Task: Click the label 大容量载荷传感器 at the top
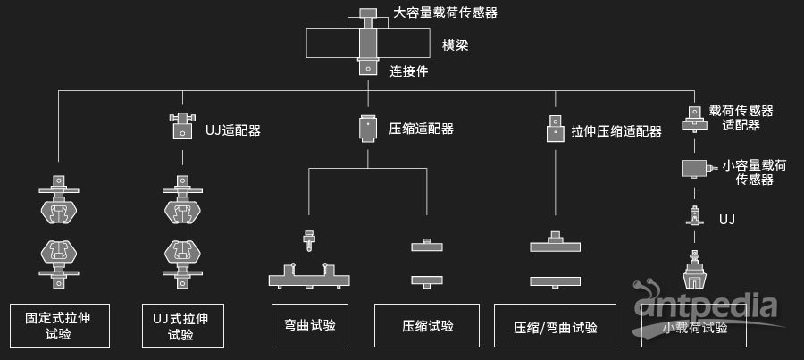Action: click(x=446, y=13)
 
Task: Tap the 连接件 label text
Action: click(x=409, y=71)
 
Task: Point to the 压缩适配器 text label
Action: click(x=422, y=129)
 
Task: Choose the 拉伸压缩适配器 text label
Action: click(x=616, y=131)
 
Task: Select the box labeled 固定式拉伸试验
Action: click(x=60, y=325)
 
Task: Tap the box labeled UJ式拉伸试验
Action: click(x=183, y=325)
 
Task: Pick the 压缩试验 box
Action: click(x=428, y=325)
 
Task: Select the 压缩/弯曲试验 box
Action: click(x=557, y=326)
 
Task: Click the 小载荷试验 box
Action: click(x=695, y=327)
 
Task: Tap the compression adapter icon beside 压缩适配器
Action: click(x=368, y=129)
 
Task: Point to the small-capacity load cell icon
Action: click(x=696, y=168)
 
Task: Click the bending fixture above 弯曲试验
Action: click(x=308, y=273)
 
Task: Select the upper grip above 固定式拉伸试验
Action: click(x=60, y=201)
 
